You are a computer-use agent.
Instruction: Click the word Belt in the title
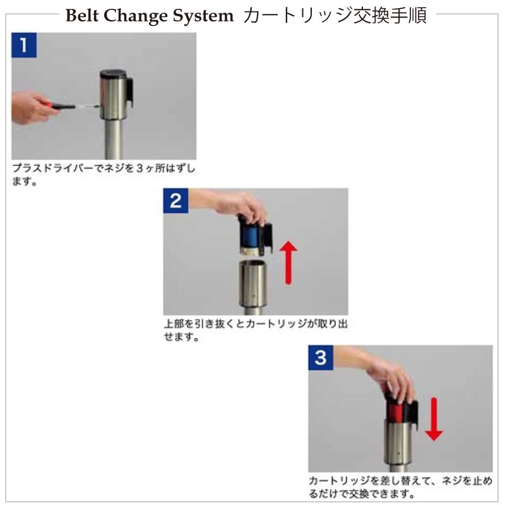click(x=82, y=15)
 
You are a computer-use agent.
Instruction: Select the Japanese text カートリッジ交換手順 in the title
click(x=335, y=15)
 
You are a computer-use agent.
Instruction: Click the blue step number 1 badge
click(x=24, y=45)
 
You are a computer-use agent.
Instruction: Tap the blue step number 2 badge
click(x=175, y=201)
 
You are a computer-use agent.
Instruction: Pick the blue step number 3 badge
click(x=321, y=357)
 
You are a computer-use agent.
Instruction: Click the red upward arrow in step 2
click(x=288, y=263)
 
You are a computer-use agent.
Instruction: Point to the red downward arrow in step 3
click(x=434, y=419)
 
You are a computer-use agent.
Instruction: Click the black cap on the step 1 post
click(x=114, y=74)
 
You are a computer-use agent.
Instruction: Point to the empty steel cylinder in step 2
click(x=253, y=283)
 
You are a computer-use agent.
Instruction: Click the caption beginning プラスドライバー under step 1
click(x=104, y=174)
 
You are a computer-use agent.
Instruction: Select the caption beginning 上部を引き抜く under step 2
click(x=256, y=330)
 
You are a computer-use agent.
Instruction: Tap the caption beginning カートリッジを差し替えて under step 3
click(x=401, y=487)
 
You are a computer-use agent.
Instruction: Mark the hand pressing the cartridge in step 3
click(x=380, y=374)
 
